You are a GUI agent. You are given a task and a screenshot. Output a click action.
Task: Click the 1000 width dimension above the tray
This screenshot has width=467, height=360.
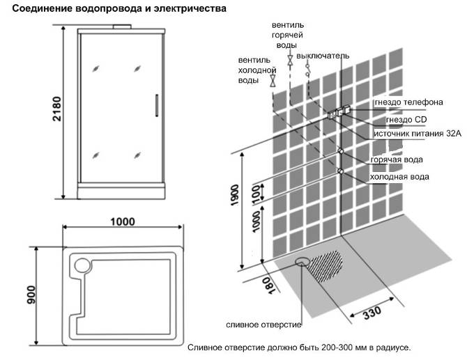click(x=122, y=221)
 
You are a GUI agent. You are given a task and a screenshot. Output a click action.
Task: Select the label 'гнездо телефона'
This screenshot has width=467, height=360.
click(x=408, y=103)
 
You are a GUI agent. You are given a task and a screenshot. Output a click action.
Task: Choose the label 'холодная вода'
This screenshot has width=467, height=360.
click(x=399, y=177)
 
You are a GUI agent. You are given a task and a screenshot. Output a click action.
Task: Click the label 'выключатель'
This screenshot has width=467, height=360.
click(x=323, y=56)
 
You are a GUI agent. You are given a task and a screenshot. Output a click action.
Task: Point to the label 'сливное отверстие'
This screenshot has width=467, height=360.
click(x=263, y=325)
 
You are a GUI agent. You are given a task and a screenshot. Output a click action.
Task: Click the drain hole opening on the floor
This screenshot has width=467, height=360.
click(x=303, y=262)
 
